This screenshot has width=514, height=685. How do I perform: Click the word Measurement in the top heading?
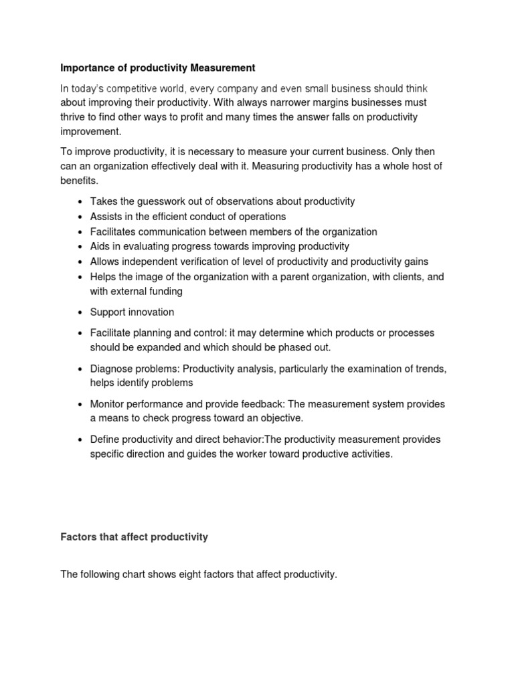pos(222,68)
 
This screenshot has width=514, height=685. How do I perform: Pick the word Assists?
pos(106,217)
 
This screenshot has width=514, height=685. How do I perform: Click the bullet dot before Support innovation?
pos(80,312)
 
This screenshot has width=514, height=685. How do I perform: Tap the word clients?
pos(403,277)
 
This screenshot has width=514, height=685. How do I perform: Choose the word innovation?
pos(149,312)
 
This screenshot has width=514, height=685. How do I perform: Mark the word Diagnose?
pos(112,369)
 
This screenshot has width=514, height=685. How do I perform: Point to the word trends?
pos(431,369)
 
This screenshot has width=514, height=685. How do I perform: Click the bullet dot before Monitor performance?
pos(80,404)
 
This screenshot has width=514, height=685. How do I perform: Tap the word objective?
pos(279,418)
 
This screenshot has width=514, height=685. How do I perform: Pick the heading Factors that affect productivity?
pos(134,537)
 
